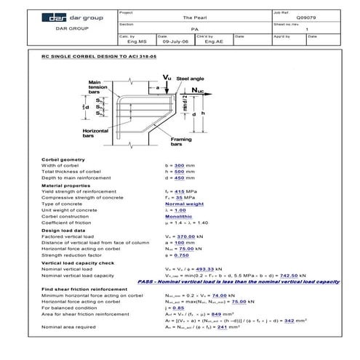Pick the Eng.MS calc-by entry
[x=128, y=43]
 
